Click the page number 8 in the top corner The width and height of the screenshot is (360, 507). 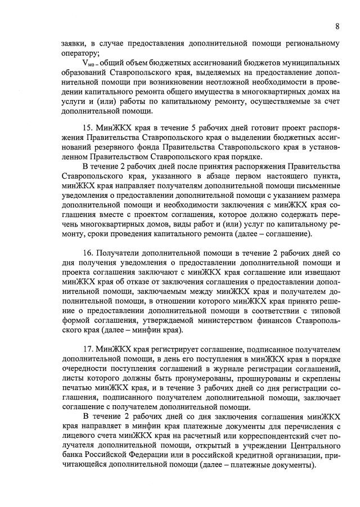coord(337,26)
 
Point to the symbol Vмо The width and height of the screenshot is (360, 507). coord(88,63)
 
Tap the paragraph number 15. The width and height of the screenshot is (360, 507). coord(88,128)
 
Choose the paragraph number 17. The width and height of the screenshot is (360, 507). coord(88,350)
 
